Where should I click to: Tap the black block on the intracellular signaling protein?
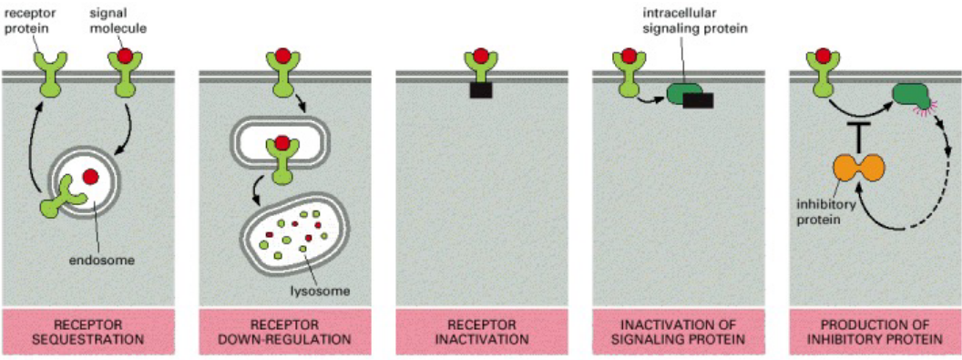697,100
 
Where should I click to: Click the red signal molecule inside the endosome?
90,176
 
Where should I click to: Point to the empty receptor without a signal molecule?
46,72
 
